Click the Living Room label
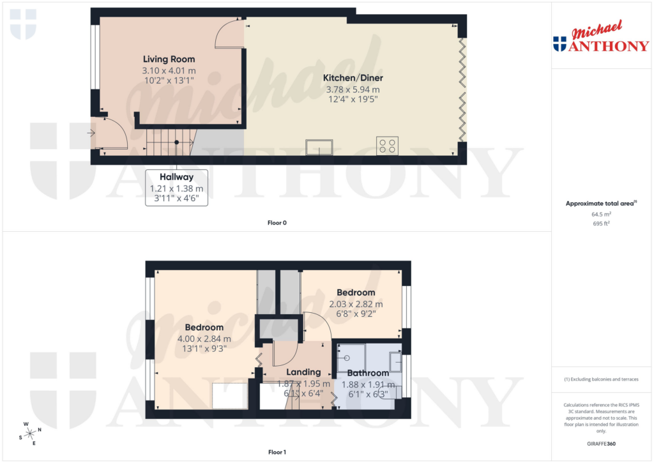pyautogui.click(x=169, y=59)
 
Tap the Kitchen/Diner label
pyautogui.click(x=353, y=78)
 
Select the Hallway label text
pyautogui.click(x=177, y=177)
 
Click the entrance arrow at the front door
pyautogui.click(x=91, y=133)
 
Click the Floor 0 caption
pyautogui.click(x=277, y=223)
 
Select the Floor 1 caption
pyautogui.click(x=277, y=453)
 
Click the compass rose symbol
pyautogui.click(x=29, y=432)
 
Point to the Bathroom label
pyautogui.click(x=369, y=373)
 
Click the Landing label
pyautogui.click(x=303, y=372)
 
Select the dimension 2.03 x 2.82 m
pyautogui.click(x=356, y=304)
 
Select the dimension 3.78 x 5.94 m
pyautogui.click(x=353, y=89)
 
